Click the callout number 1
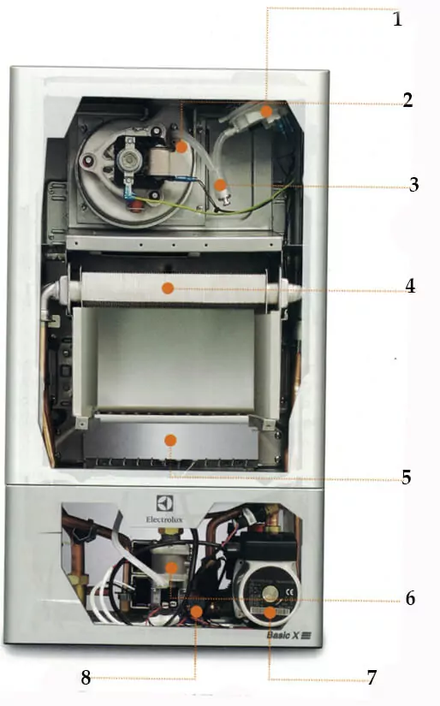pyautogui.click(x=396, y=19)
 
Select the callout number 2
pyautogui.click(x=407, y=100)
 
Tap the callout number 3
pyautogui.click(x=413, y=184)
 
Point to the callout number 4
pyautogui.click(x=410, y=286)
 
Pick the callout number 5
pyautogui.click(x=407, y=477)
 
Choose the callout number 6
pyautogui.click(x=410, y=598)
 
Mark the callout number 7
pyautogui.click(x=372, y=678)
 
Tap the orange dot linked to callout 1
pyautogui.click(x=266, y=110)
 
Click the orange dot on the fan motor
pyautogui.click(x=181, y=146)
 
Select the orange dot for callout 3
pyautogui.click(x=220, y=184)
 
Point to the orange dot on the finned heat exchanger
pyautogui.click(x=169, y=288)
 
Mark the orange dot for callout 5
pyautogui.click(x=170, y=440)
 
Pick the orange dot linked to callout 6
pyautogui.click(x=170, y=567)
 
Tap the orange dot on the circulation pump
pyautogui.click(x=270, y=613)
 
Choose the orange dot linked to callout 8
pyautogui.click(x=196, y=612)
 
